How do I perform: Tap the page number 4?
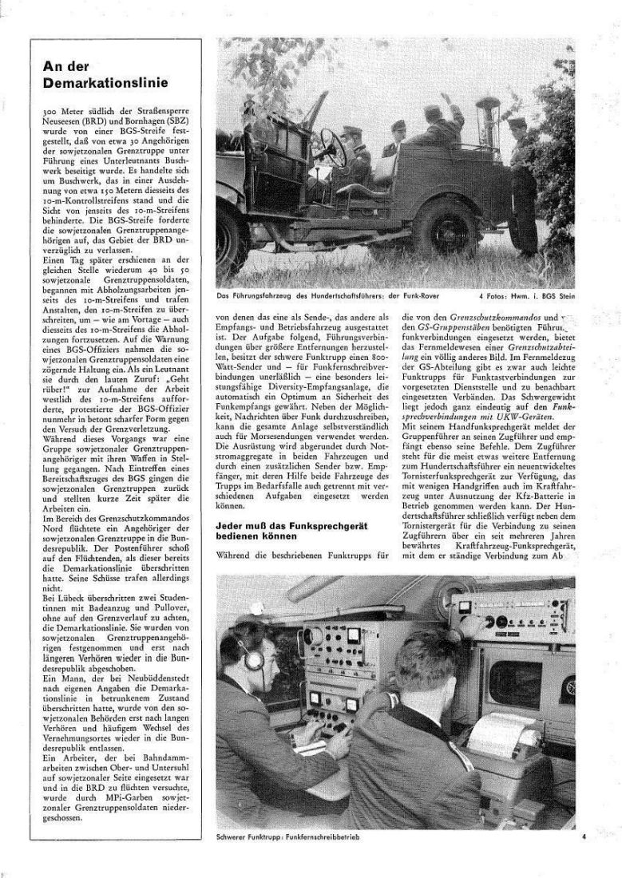584,837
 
